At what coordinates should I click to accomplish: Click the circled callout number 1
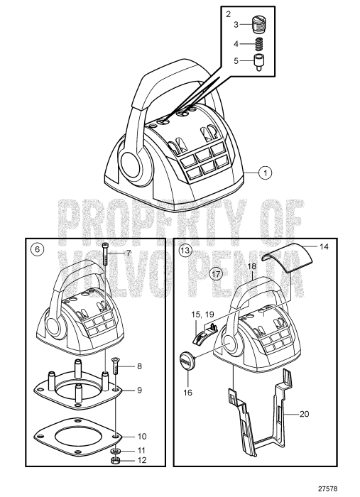click(x=264, y=171)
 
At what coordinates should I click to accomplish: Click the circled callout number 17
click(x=217, y=271)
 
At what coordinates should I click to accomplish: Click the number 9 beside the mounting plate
click(x=139, y=389)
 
